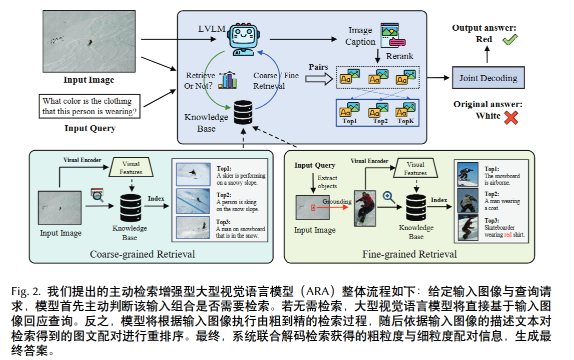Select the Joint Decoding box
click(x=488, y=78)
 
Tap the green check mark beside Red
click(x=510, y=40)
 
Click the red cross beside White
click(x=511, y=117)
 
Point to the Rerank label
click(x=400, y=56)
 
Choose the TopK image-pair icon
click(x=406, y=109)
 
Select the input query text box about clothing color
click(x=90, y=106)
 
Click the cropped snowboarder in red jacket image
click(x=365, y=207)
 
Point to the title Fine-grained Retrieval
click(x=410, y=254)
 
